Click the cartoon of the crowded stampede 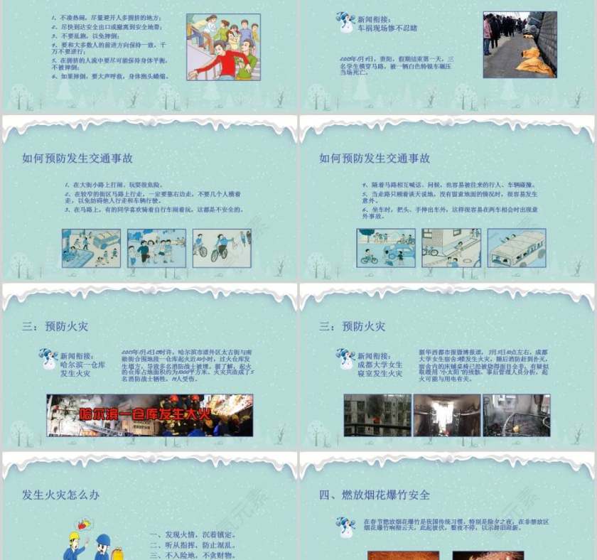[x=222, y=47]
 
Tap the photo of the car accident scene [x=519, y=44]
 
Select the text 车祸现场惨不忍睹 [x=387, y=28]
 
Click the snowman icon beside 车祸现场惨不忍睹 [x=345, y=21]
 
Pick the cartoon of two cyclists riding [x=222, y=248]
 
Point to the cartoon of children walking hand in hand [x=156, y=248]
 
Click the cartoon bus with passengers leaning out [x=517, y=248]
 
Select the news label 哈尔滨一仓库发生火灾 [x=82, y=364]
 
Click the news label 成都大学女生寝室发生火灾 [x=380, y=364]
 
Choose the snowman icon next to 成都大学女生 [x=345, y=358]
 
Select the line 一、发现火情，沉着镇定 [x=193, y=534]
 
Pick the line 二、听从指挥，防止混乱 [x=193, y=545]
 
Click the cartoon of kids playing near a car [x=91, y=248]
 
